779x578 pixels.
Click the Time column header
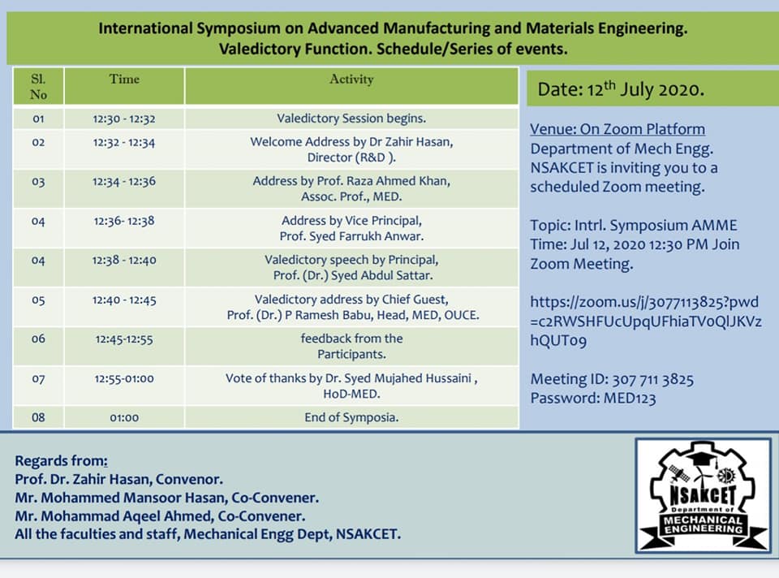click(124, 79)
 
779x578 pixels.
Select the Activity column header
click(351, 79)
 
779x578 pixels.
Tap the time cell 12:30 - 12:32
click(124, 119)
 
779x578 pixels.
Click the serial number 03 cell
click(38, 181)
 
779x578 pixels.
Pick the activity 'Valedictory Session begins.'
click(351, 119)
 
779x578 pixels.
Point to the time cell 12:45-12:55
click(124, 339)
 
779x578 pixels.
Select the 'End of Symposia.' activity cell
click(351, 417)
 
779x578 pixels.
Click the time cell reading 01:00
click(124, 417)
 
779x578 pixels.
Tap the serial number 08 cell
click(38, 417)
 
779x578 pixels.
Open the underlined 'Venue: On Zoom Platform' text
click(617, 129)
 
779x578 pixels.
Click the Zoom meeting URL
click(645, 321)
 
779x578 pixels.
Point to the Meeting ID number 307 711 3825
click(652, 380)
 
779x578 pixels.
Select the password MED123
click(630, 399)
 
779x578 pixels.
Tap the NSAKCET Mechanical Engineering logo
click(704, 495)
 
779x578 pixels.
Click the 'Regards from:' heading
click(61, 461)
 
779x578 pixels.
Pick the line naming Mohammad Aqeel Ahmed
click(160, 515)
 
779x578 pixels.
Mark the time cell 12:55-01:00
click(124, 379)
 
